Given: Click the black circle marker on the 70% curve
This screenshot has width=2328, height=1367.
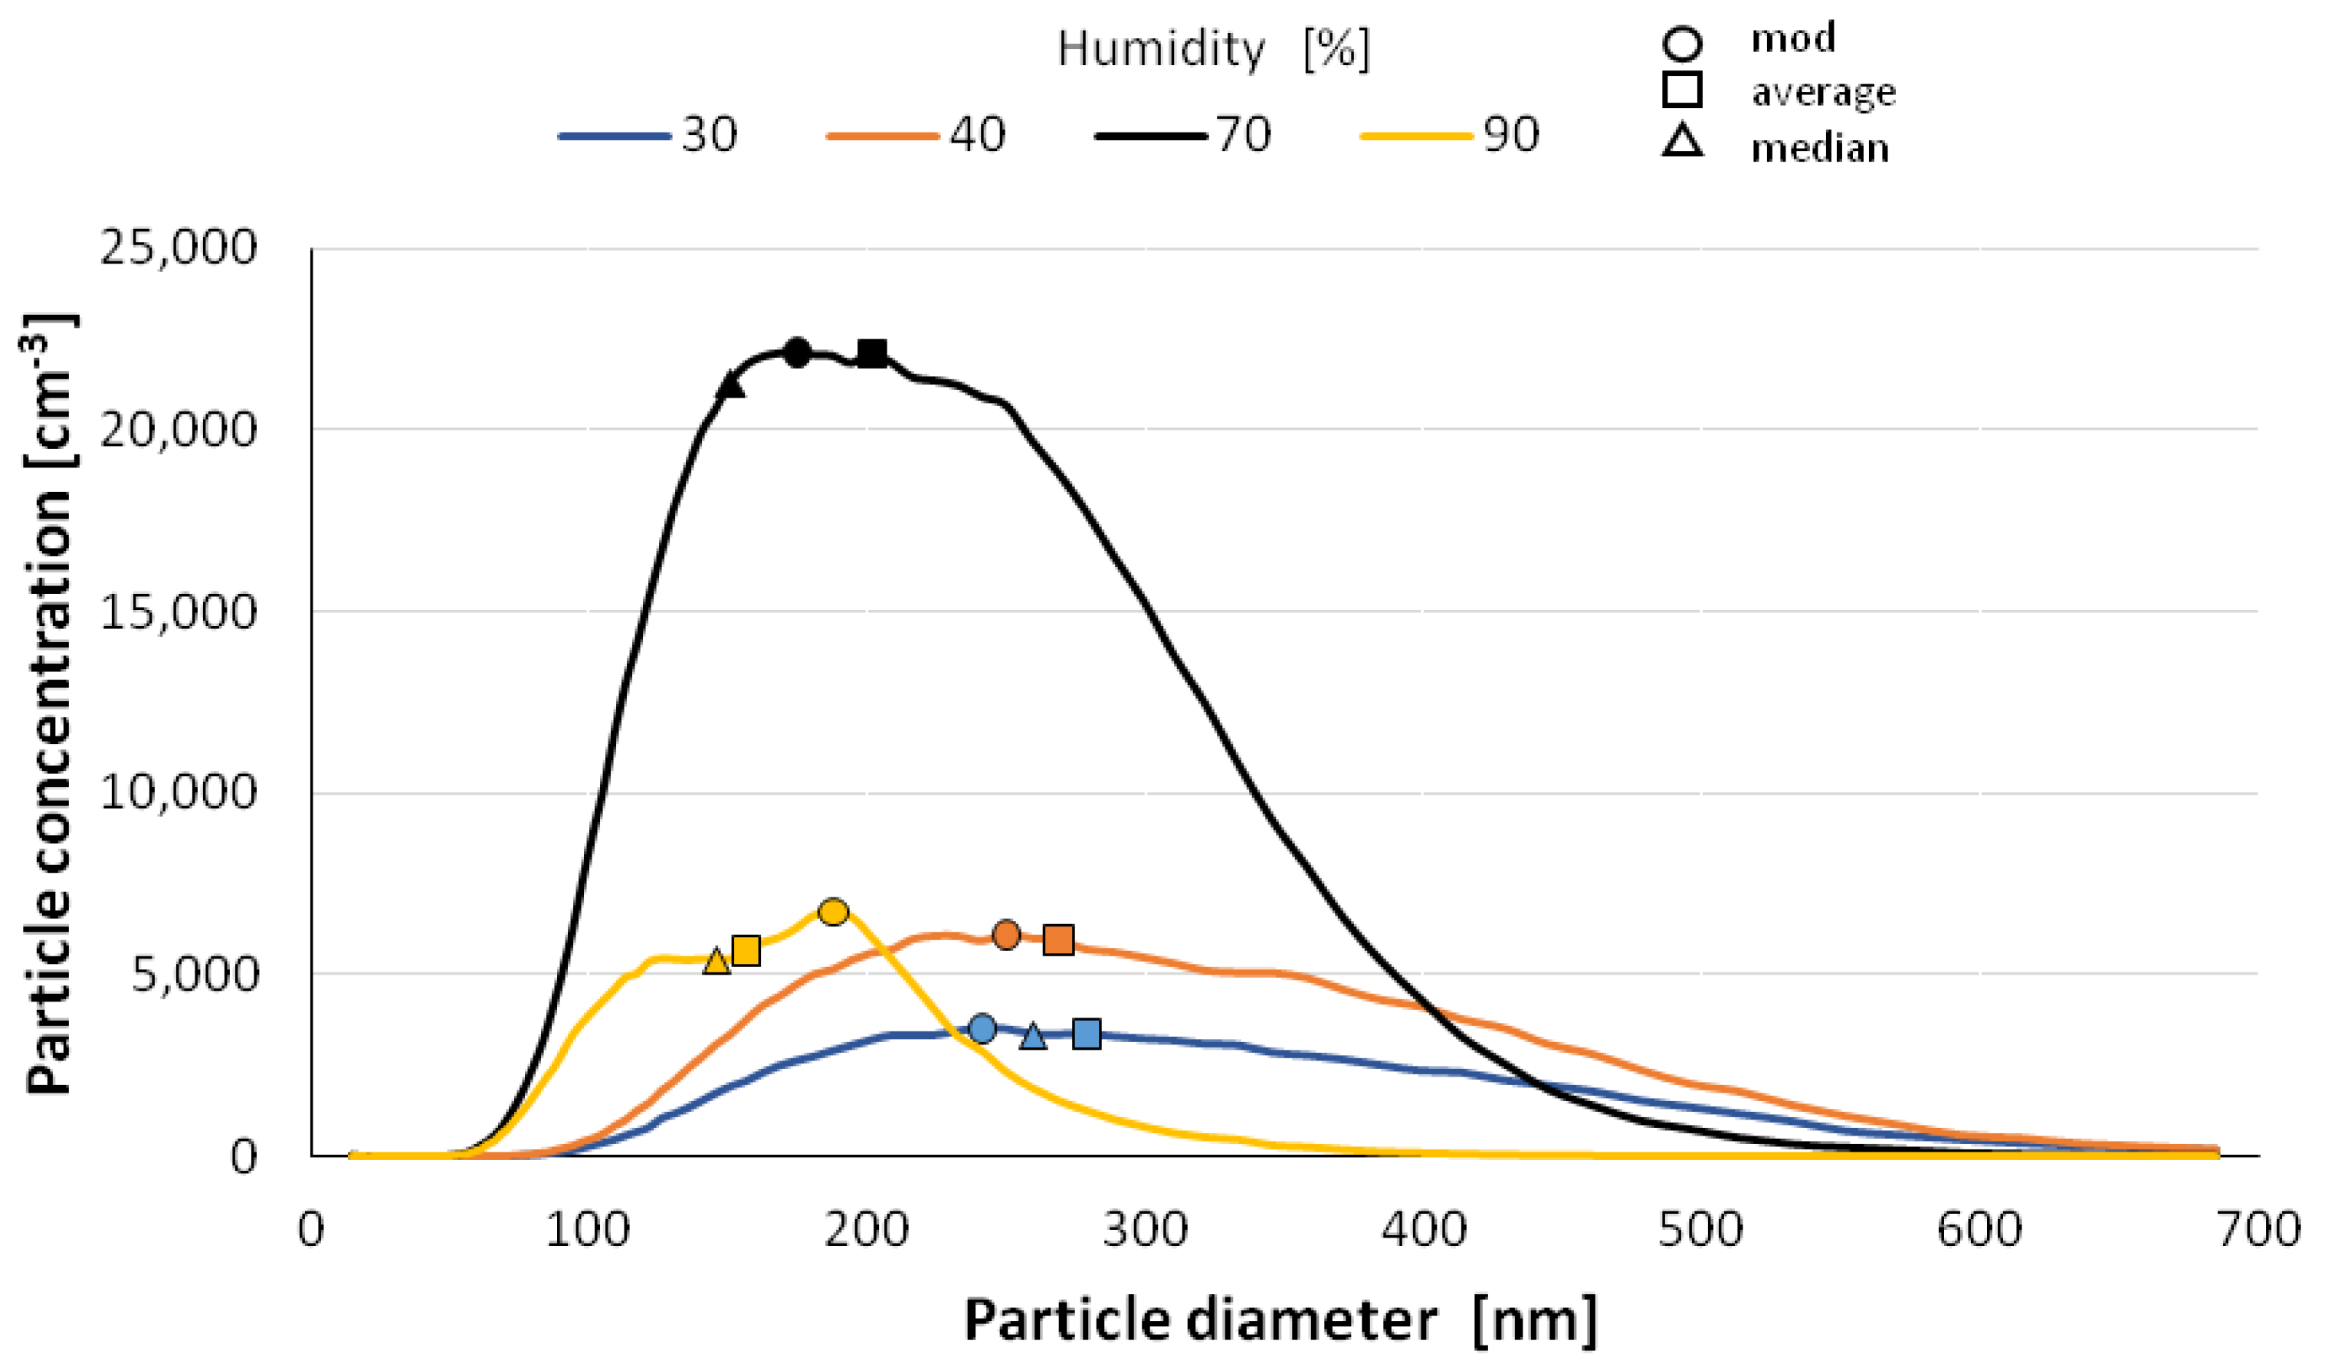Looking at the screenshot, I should click(x=797, y=352).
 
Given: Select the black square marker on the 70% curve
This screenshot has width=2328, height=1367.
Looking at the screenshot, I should click(x=872, y=352).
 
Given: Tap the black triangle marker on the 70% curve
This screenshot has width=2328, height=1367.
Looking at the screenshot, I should click(x=731, y=385).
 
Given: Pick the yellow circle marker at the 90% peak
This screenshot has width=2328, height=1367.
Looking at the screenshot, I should click(x=833, y=912).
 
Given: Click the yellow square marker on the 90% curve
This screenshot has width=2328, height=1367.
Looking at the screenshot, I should click(x=746, y=950).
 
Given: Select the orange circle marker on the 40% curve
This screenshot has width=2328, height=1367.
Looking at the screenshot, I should click(x=1006, y=935).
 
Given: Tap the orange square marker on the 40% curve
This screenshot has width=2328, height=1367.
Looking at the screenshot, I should click(x=1059, y=940).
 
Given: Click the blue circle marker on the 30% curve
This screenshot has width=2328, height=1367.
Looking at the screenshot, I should click(x=983, y=1028).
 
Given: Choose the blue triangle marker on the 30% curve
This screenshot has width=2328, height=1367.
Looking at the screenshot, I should click(x=1034, y=1036).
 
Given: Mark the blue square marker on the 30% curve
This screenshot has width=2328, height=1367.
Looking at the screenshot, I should click(x=1087, y=1034).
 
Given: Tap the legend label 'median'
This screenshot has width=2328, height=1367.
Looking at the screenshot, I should click(x=1819, y=148).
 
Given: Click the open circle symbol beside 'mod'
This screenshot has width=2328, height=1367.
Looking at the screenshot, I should click(x=1682, y=42).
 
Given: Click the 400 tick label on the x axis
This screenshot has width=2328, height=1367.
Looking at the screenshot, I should click(x=1424, y=1231).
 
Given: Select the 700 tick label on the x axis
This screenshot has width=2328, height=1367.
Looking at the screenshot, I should click(x=2258, y=1231).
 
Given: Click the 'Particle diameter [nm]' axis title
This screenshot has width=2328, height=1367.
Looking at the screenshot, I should click(x=1280, y=1319).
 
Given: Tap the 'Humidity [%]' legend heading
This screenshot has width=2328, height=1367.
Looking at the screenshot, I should click(x=1213, y=48).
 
